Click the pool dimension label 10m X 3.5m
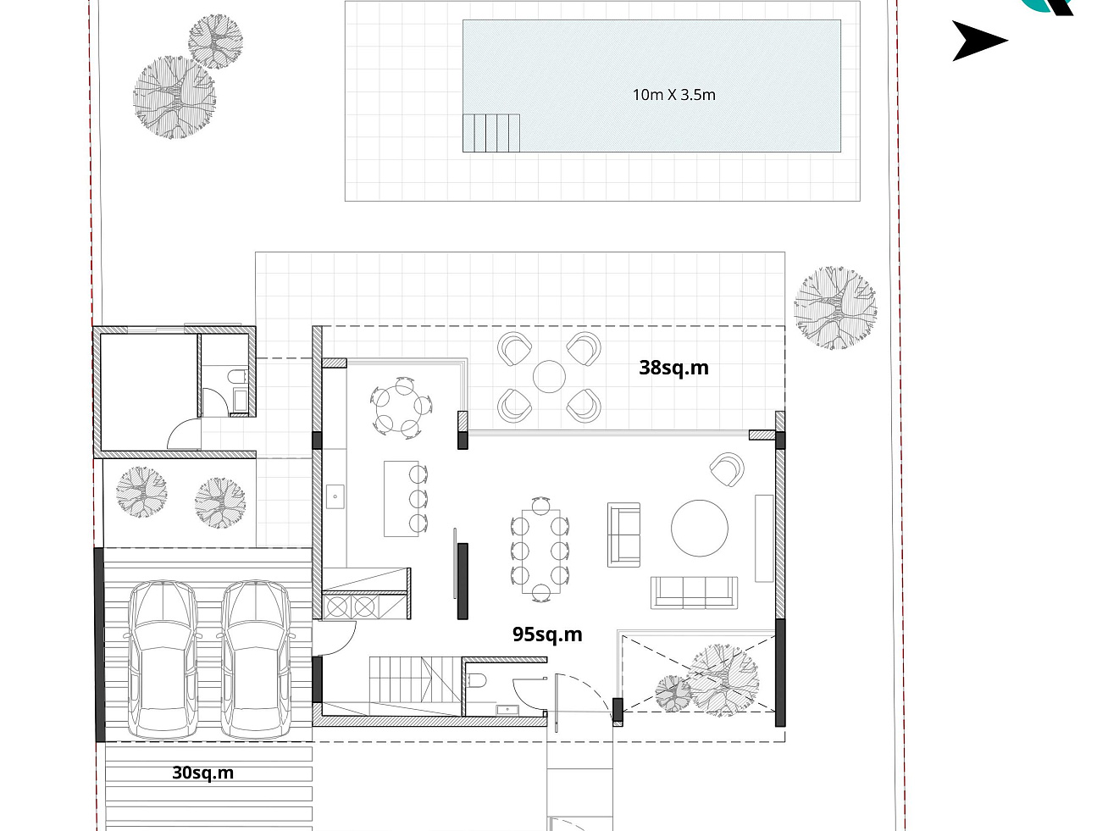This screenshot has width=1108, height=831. pos(674,95)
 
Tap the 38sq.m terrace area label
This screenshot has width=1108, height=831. pos(673,368)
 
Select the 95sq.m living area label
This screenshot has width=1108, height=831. pos(547,634)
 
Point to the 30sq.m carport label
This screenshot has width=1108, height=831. pos(203,773)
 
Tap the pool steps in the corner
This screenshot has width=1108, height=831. pos(491,133)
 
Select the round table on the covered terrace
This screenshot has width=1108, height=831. pos(549,376)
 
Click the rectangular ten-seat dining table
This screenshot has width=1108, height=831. pos(540,551)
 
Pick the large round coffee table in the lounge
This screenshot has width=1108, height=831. pos(700,529)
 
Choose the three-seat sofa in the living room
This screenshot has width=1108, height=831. pos(694,592)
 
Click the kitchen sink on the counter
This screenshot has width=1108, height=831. pos(335,497)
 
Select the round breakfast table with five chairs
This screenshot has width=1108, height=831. pos(402,407)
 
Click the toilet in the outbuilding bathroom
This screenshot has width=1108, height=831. pos(236,376)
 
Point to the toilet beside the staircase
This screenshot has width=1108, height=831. pos(475,681)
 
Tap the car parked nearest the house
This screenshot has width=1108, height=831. pos(256,659)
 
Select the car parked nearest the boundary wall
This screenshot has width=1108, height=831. pos(163,659)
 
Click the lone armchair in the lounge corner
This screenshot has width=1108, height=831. pos(727,469)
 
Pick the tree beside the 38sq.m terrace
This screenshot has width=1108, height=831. pos(835,307)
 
